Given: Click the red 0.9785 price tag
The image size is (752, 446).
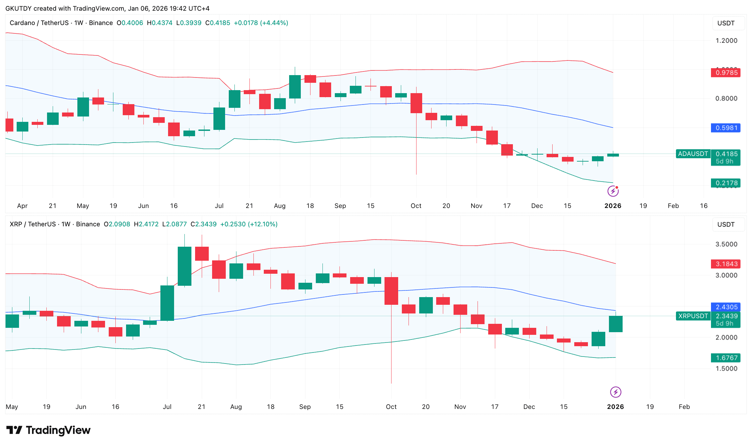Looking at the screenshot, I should click(x=726, y=72).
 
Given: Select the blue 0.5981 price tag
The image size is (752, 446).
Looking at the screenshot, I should click(x=726, y=128).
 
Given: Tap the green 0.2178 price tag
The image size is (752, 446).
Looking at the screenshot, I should click(x=726, y=183).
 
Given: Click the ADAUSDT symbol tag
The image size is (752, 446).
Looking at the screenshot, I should click(x=693, y=154).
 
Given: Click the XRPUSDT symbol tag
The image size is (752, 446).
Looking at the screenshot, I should click(x=693, y=316).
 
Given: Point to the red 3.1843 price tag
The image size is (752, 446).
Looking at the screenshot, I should click(x=726, y=264).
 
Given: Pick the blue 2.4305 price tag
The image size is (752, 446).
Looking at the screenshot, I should click(x=726, y=307).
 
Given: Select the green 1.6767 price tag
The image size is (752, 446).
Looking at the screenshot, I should click(x=726, y=358).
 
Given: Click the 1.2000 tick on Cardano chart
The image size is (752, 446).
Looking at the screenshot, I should click(x=726, y=41).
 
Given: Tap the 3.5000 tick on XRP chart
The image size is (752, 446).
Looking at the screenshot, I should click(x=726, y=244).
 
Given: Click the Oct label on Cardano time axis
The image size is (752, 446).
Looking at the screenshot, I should click(x=416, y=206).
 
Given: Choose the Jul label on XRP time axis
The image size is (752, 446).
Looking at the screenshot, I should click(x=167, y=407).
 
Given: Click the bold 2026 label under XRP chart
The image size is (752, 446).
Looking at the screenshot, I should click(x=615, y=407).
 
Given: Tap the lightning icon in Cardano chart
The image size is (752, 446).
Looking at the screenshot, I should click(x=613, y=191).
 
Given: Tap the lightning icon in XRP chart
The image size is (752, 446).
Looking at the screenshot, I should click(x=616, y=392).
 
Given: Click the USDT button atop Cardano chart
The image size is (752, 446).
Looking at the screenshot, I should click(x=726, y=23).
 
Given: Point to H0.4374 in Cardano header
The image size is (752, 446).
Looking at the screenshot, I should click(x=159, y=23).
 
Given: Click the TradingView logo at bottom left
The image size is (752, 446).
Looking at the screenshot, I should click(x=48, y=430).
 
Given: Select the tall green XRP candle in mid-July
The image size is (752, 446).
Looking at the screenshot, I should click(x=184, y=266).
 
